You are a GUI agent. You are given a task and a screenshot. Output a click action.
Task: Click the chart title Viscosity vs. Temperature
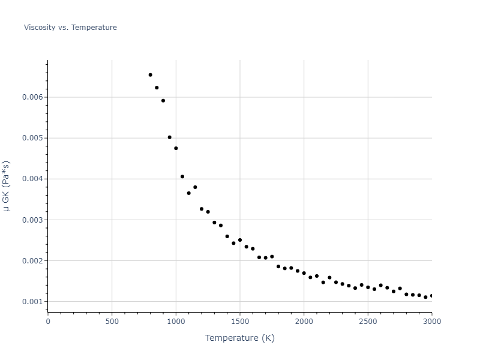click(x=70, y=28)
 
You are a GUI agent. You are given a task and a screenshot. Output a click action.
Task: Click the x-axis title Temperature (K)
click(x=239, y=338)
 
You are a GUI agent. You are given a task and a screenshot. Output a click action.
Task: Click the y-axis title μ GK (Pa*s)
click(x=7, y=186)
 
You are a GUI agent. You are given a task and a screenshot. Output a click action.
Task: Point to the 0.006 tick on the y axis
click(x=33, y=97)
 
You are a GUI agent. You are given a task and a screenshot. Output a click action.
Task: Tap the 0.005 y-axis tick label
click(x=33, y=138)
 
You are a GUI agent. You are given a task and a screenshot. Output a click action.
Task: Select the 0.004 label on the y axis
click(x=33, y=179)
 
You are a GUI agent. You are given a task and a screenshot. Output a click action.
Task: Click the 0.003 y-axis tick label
click(x=33, y=220)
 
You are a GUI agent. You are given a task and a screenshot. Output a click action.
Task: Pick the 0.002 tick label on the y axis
click(x=33, y=260)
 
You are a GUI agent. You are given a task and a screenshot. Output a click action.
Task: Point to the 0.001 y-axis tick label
click(x=33, y=301)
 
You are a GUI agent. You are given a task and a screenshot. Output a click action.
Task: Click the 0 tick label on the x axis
click(x=48, y=321)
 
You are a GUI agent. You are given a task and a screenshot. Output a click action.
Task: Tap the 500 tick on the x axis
click(x=112, y=321)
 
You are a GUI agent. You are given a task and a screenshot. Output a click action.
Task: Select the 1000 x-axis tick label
click(x=176, y=321)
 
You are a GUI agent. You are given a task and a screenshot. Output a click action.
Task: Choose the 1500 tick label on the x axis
click(x=240, y=321)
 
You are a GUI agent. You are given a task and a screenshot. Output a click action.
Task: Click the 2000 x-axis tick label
click(x=304, y=321)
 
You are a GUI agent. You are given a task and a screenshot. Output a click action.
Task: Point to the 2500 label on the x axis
click(x=368, y=321)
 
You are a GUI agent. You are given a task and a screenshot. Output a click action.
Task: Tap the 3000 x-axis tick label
click(x=431, y=321)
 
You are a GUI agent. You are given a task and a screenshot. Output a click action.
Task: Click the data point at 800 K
click(x=150, y=75)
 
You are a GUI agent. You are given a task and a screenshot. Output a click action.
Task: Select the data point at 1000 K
click(x=176, y=148)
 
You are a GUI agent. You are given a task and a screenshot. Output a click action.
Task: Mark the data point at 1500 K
click(x=240, y=240)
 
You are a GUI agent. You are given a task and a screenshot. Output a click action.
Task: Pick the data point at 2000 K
click(x=304, y=273)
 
